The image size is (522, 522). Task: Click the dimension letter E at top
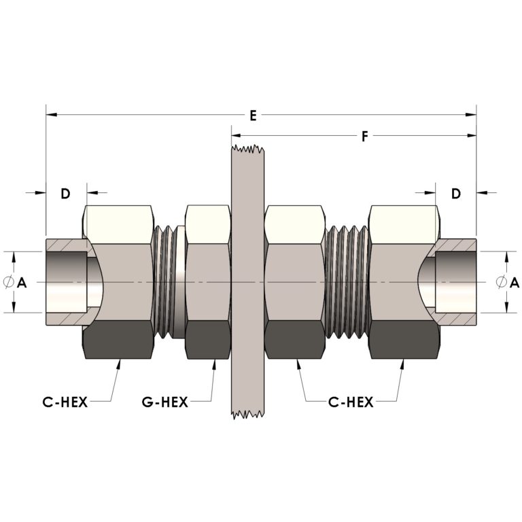pos(252,116)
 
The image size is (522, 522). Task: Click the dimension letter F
pos(364,137)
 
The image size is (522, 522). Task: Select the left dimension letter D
pos(65,193)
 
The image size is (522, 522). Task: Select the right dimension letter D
pos(456,193)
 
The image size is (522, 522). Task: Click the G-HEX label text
pos(165,402)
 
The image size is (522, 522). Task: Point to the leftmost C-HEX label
pos(65,402)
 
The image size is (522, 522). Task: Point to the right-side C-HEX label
pos(351,402)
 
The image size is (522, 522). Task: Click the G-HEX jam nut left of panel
pos(207,282)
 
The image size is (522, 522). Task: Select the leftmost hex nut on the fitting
pos(119,282)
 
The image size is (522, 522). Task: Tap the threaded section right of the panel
pos(347,282)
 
